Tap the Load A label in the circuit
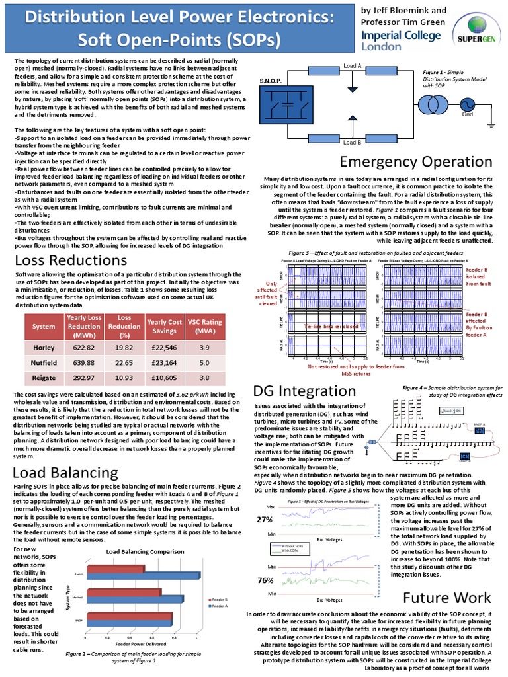(352, 65)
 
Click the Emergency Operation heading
(415, 161)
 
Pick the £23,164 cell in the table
(165, 362)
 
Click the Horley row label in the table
(44, 346)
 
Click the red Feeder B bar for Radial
(116, 569)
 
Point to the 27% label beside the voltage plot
(266, 520)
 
